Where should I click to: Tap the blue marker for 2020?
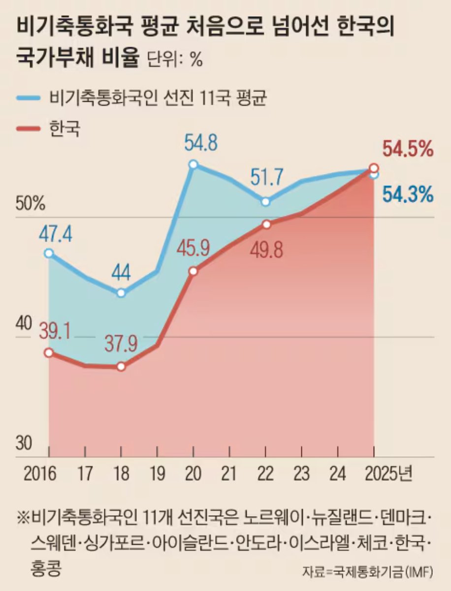click(193, 164)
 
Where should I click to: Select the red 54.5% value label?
click(408, 148)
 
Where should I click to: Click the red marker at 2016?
click(48, 353)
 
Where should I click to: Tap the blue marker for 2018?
click(122, 294)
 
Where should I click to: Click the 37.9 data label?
click(121, 344)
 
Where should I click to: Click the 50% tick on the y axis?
click(31, 203)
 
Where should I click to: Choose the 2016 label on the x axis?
click(40, 474)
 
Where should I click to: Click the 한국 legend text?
click(64, 129)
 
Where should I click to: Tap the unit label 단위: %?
click(175, 59)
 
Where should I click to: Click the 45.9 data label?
click(193, 250)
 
